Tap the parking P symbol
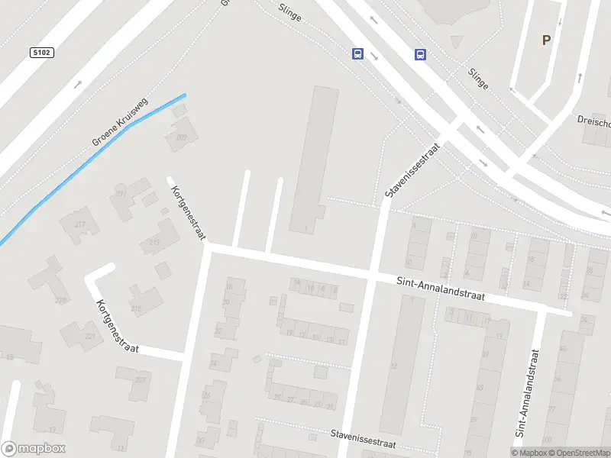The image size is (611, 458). click(545, 40)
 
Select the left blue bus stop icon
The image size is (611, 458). click(357, 53)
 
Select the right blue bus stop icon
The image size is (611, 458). click(420, 53)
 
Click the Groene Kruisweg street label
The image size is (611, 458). click(120, 122)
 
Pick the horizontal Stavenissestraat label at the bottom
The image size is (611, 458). click(363, 439)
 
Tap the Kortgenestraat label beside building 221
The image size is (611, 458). click(116, 326)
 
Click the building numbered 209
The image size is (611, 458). click(183, 137)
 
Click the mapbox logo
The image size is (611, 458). click(34, 449)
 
